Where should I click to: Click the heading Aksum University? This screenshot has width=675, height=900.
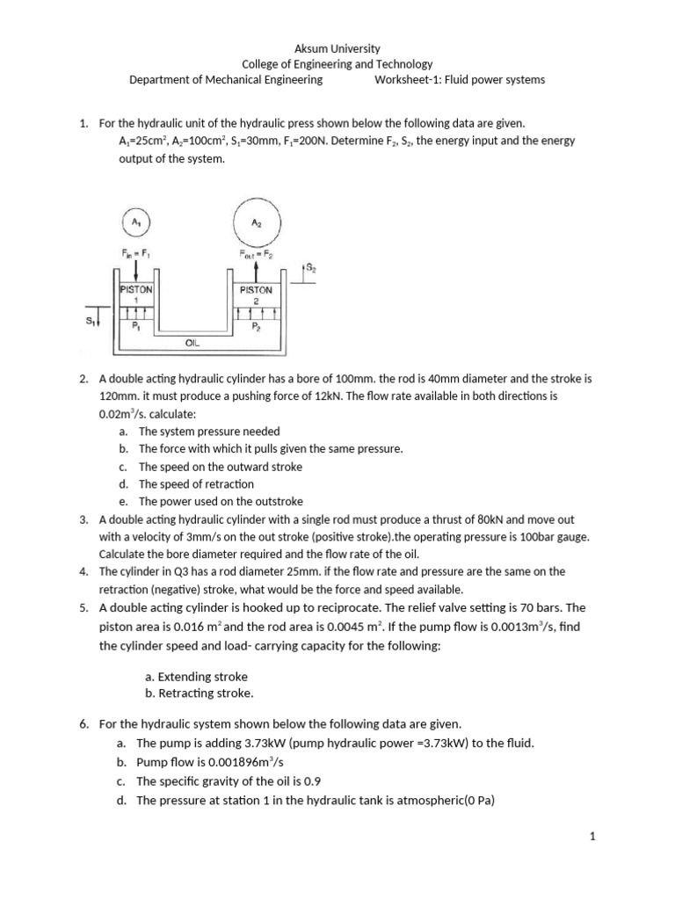click(x=337, y=48)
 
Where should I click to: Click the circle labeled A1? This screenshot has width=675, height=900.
click(x=136, y=224)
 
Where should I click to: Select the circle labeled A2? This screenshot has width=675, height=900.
click(x=256, y=224)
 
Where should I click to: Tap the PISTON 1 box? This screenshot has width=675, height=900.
click(x=136, y=294)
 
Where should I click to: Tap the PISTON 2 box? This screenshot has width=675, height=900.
click(x=256, y=294)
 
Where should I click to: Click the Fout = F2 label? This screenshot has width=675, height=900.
click(x=256, y=254)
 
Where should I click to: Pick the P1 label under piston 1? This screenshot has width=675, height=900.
click(x=136, y=325)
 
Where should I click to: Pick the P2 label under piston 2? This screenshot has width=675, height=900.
click(x=256, y=325)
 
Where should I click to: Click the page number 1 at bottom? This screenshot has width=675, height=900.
click(x=592, y=837)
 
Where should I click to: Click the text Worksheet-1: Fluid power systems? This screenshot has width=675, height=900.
click(x=460, y=80)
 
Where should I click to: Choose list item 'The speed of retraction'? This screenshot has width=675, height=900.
click(x=196, y=484)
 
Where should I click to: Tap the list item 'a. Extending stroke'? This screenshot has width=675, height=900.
click(x=196, y=677)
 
